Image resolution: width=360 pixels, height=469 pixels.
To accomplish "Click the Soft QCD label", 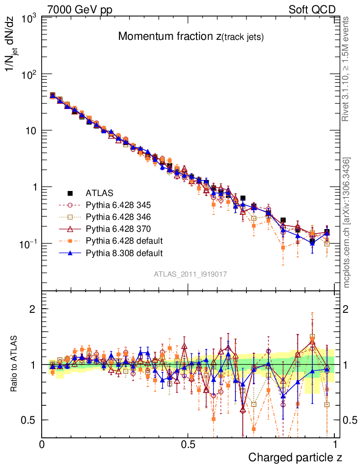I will coord(312,10).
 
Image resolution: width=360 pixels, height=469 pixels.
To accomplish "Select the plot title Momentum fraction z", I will coord(191,37).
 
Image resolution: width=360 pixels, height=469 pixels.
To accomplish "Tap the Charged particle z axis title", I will coord(295,457).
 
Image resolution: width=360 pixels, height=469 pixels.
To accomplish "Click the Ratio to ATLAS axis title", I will coord(14,364).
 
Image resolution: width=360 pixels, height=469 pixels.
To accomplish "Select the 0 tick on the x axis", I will coord(42,445).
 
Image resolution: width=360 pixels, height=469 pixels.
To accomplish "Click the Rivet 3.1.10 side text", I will coord(346,69).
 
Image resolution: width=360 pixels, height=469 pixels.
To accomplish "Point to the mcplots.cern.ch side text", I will coord(347,222).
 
